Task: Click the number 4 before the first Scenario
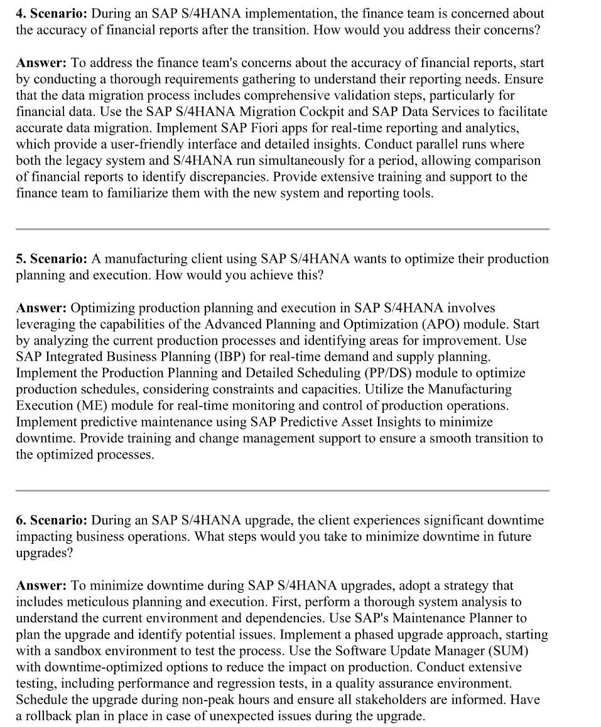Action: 19,13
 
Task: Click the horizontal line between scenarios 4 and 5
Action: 282,229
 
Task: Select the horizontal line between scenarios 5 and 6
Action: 282,491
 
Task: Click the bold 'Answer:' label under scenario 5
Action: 41,308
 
